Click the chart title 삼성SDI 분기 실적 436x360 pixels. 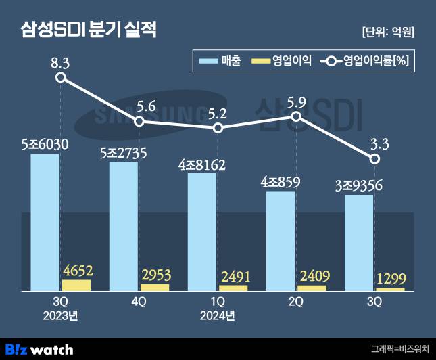(89, 31)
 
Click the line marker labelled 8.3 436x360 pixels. (61, 78)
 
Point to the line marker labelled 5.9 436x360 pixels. (296, 116)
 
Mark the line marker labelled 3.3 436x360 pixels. (374, 158)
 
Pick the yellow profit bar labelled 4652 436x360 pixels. (76, 285)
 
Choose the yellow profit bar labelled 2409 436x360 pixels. (312, 288)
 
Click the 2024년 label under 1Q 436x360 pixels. (218, 315)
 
